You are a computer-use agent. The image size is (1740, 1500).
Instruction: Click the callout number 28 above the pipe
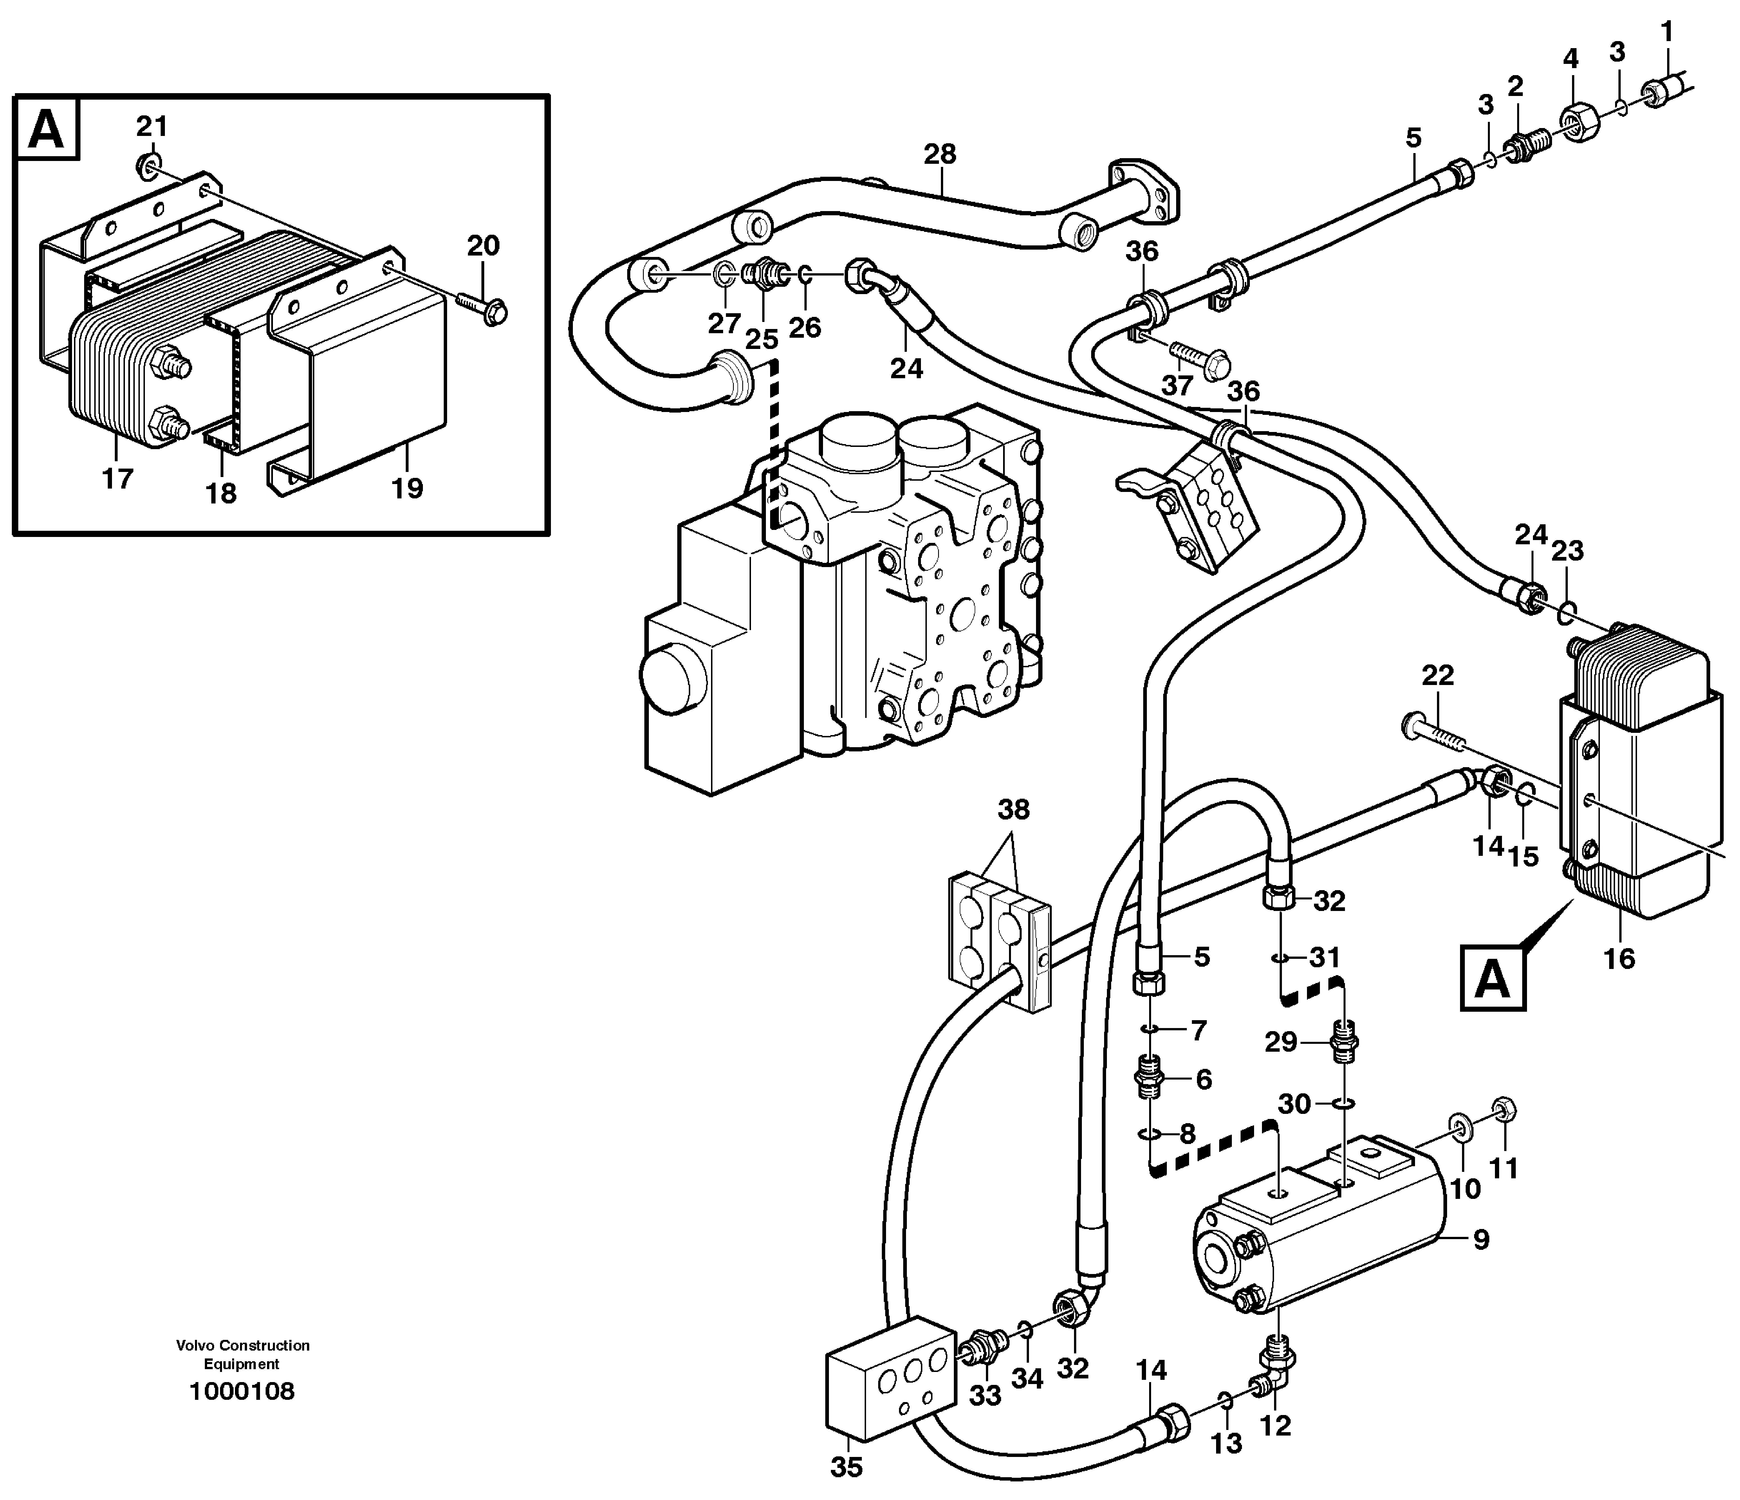[x=940, y=154]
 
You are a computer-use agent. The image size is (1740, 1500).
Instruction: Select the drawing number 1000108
[x=242, y=1392]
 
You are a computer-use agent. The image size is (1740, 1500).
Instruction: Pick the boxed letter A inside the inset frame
[x=46, y=129]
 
